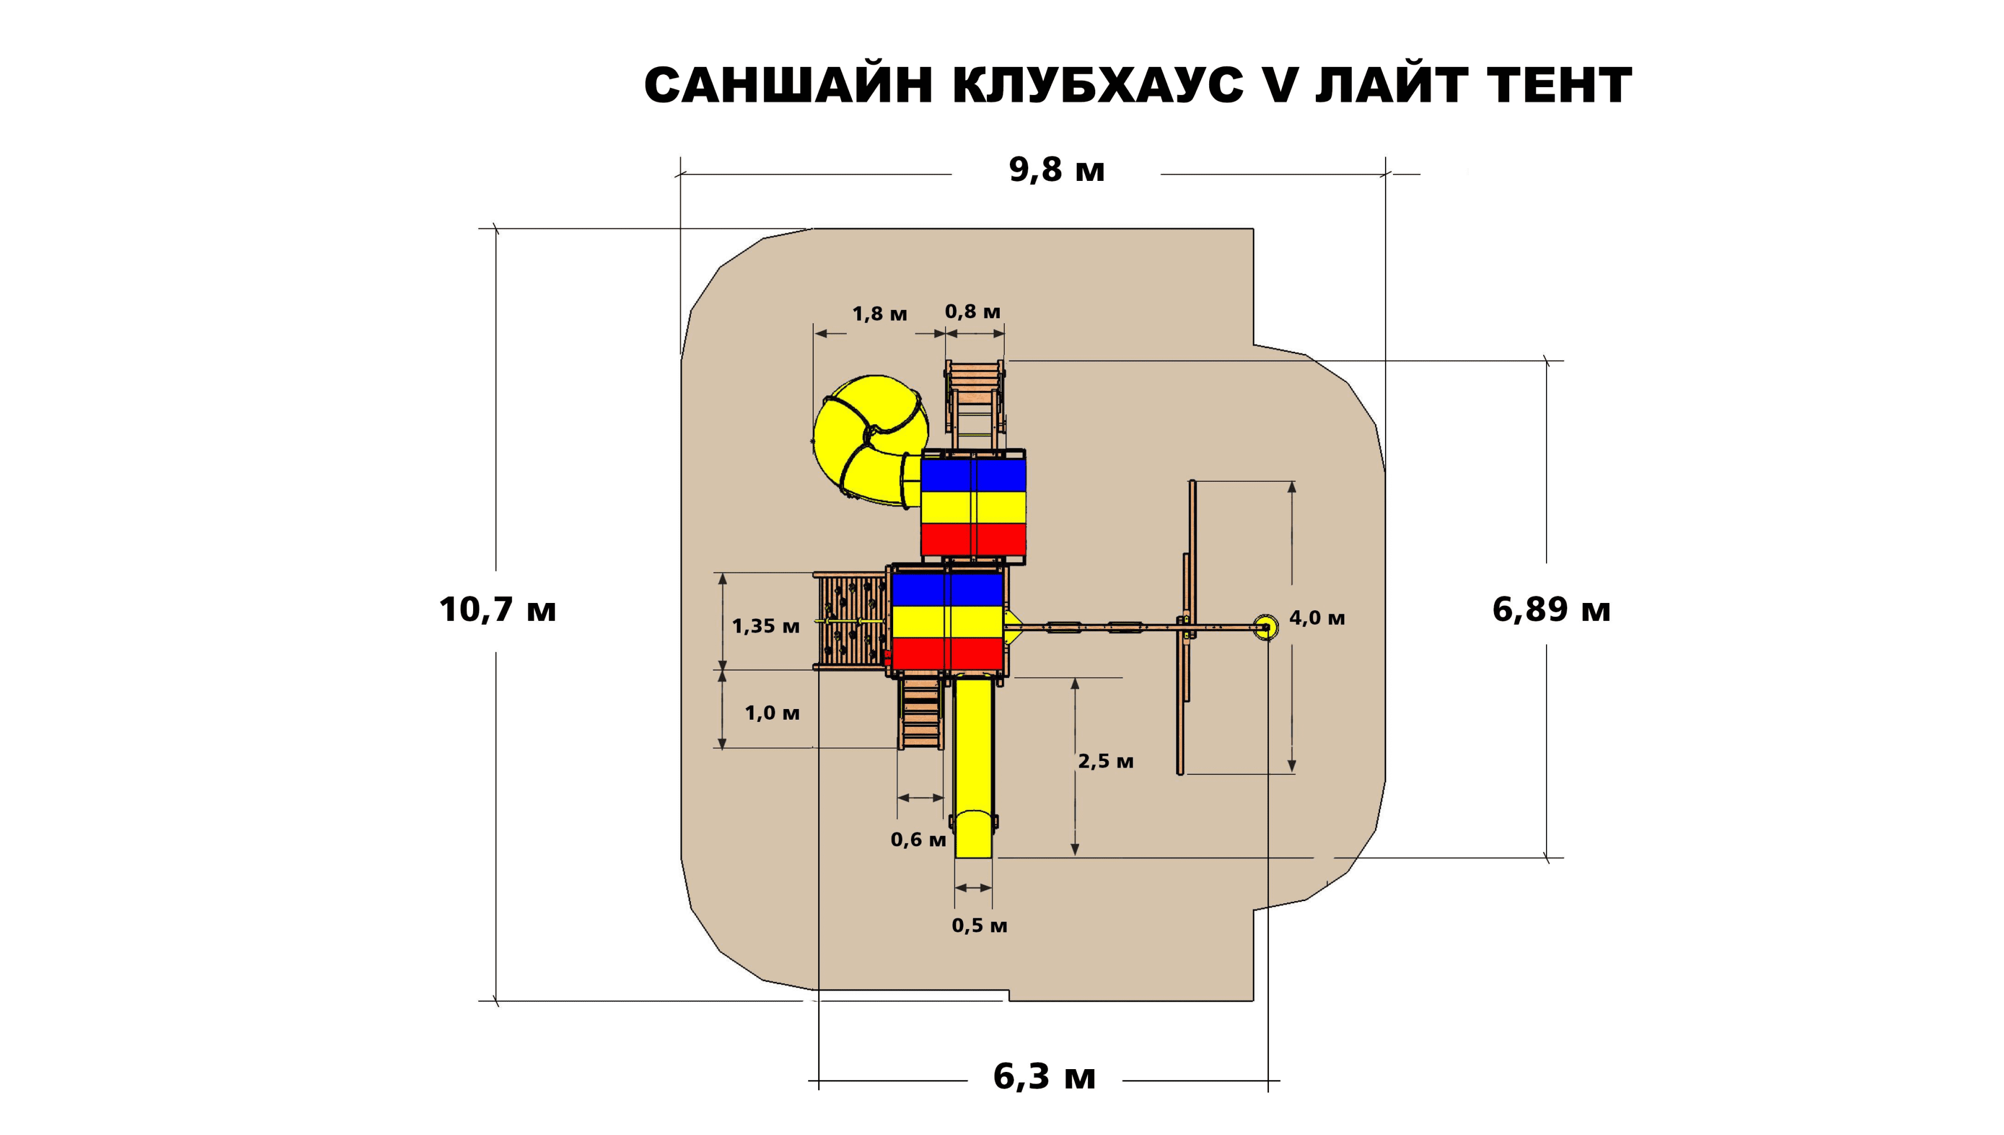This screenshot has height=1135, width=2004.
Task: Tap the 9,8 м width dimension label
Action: [1057, 170]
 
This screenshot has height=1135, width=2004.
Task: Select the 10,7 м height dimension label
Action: [498, 609]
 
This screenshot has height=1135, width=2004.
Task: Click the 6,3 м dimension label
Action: [1044, 1076]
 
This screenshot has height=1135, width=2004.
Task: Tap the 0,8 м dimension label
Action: [972, 312]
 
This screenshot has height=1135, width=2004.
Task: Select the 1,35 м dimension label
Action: [765, 626]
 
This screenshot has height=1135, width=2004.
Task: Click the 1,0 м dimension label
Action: [771, 712]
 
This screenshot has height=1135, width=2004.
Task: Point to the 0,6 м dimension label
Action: [918, 840]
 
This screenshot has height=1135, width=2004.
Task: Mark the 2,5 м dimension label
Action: [1105, 762]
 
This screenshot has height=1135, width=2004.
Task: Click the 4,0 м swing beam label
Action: [1317, 618]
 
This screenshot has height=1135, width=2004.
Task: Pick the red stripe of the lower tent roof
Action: [947, 653]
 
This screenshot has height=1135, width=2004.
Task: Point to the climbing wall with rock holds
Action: [850, 621]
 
